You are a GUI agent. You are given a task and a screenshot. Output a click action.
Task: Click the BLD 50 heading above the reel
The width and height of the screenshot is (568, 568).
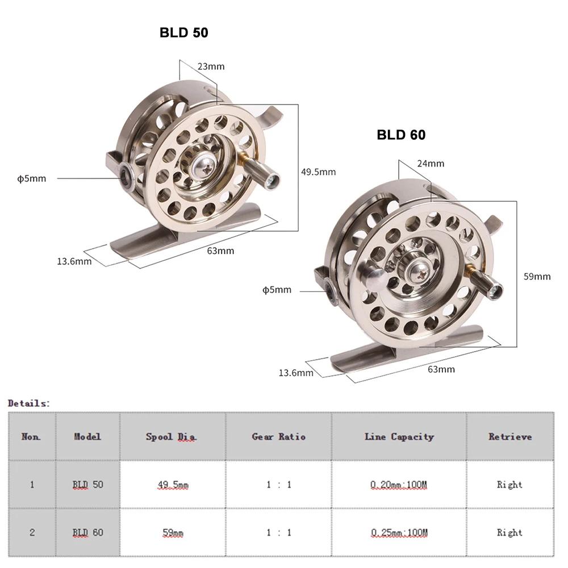[x=183, y=33]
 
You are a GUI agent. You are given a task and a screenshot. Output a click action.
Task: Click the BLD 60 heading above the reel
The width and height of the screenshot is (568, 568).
[x=401, y=135]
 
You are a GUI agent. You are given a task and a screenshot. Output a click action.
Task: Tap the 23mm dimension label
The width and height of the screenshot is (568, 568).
[x=211, y=66]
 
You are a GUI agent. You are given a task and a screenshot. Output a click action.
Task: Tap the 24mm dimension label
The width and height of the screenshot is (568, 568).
[x=431, y=164]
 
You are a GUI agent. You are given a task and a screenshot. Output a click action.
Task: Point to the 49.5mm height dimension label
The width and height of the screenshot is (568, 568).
[x=318, y=172]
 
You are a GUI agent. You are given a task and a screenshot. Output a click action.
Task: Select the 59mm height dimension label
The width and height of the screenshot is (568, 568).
[x=537, y=277]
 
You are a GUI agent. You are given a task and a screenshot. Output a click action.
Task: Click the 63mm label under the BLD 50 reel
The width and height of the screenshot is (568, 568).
[x=220, y=250]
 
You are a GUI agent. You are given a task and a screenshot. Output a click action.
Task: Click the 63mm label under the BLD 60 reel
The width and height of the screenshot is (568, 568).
[x=441, y=369]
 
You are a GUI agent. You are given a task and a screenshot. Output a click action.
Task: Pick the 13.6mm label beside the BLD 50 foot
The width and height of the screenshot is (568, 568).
[x=74, y=261]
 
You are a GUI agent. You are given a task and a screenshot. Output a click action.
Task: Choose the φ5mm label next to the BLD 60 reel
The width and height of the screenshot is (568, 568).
[x=277, y=290]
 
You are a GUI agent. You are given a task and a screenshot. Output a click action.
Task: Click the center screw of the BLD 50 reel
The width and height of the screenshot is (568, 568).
[x=203, y=165]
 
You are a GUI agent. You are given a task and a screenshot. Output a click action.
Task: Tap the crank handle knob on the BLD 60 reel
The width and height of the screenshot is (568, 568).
[x=491, y=290]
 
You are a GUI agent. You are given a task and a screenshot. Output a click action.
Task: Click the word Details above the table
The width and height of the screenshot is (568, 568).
[x=29, y=403]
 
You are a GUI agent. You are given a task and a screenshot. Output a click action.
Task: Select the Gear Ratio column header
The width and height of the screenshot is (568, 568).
[x=278, y=437]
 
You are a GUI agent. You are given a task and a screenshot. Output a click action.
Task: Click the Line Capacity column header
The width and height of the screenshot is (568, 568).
[x=399, y=437]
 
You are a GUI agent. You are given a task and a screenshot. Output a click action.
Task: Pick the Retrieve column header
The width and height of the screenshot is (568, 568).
[x=509, y=437]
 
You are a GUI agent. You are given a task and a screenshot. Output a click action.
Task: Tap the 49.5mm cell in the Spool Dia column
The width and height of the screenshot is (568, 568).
[x=173, y=485]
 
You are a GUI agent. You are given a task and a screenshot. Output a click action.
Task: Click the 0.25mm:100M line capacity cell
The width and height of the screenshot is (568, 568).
[x=399, y=533]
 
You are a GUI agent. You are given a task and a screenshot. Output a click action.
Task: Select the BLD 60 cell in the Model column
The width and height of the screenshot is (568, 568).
[x=87, y=533]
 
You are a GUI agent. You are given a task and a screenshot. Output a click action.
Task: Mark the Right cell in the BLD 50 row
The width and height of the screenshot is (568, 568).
[x=509, y=485]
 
